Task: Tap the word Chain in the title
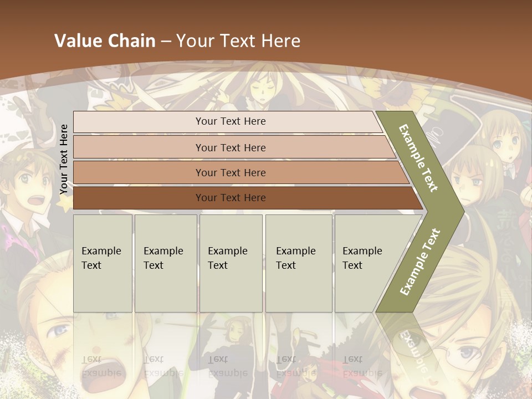pyautogui.click(x=131, y=41)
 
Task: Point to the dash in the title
pyautogui.click(x=166, y=42)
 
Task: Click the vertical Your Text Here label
pyautogui.click(x=64, y=159)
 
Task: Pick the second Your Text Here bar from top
pyautogui.click(x=231, y=147)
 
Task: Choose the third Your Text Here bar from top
pyautogui.click(x=231, y=172)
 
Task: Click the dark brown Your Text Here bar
pyautogui.click(x=231, y=198)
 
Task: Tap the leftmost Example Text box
pyautogui.click(x=103, y=263)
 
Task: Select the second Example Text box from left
pyautogui.click(x=166, y=263)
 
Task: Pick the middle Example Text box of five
pyautogui.click(x=231, y=263)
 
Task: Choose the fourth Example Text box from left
pyautogui.click(x=299, y=263)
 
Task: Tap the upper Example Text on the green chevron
pyautogui.click(x=419, y=158)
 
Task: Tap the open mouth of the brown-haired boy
pyautogui.click(x=39, y=201)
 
